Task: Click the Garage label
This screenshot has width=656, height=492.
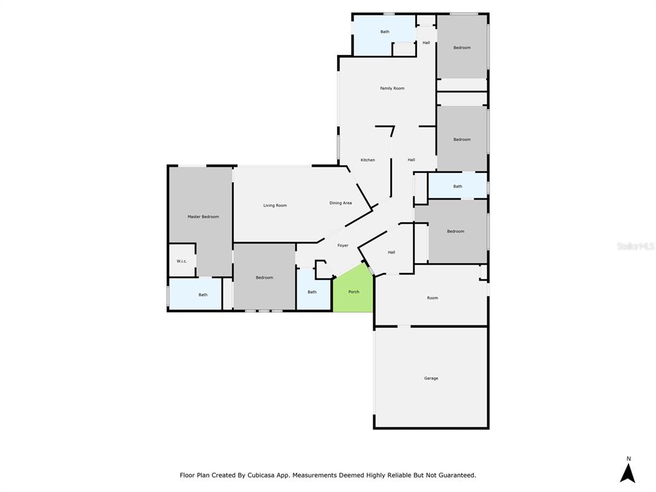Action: [431, 378]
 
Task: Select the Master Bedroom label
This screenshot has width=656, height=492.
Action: [203, 217]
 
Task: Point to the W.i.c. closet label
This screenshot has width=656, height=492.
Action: [181, 261]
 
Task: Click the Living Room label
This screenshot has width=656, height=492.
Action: [275, 206]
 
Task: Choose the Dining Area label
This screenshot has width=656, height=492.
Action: [341, 203]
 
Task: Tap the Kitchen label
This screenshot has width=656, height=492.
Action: [368, 160]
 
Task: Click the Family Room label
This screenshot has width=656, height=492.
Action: [392, 88]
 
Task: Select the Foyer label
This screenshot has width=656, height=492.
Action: [343, 245]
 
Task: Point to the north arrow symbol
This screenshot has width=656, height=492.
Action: [628, 473]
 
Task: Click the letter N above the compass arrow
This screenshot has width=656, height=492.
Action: [628, 459]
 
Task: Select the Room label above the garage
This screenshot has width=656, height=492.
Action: [432, 298]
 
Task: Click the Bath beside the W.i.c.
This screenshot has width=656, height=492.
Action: [203, 295]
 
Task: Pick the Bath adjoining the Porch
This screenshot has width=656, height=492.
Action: [312, 292]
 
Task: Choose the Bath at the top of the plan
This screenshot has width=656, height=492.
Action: [385, 32]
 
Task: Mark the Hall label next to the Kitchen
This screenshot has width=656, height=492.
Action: [411, 160]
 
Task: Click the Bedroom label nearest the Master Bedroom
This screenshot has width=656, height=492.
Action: [265, 278]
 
